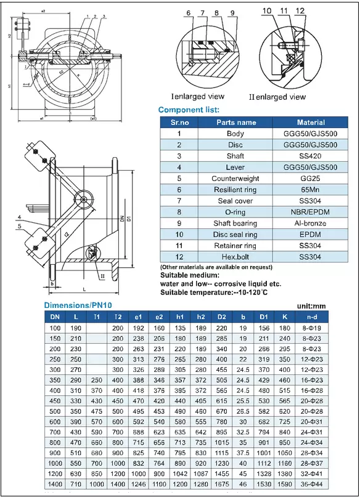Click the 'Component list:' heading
click(x=189, y=110)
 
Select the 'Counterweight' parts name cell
click(x=236, y=179)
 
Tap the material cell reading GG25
click(x=311, y=179)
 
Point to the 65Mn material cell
click(x=311, y=190)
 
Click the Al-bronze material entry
click(x=311, y=223)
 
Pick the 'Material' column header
click(x=311, y=122)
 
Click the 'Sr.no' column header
click(x=179, y=122)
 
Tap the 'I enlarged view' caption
click(x=197, y=96)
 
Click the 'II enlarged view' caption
click(x=277, y=97)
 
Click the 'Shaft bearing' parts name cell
click(x=236, y=223)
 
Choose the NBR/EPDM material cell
click(x=311, y=212)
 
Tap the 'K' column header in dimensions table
click(x=285, y=317)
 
